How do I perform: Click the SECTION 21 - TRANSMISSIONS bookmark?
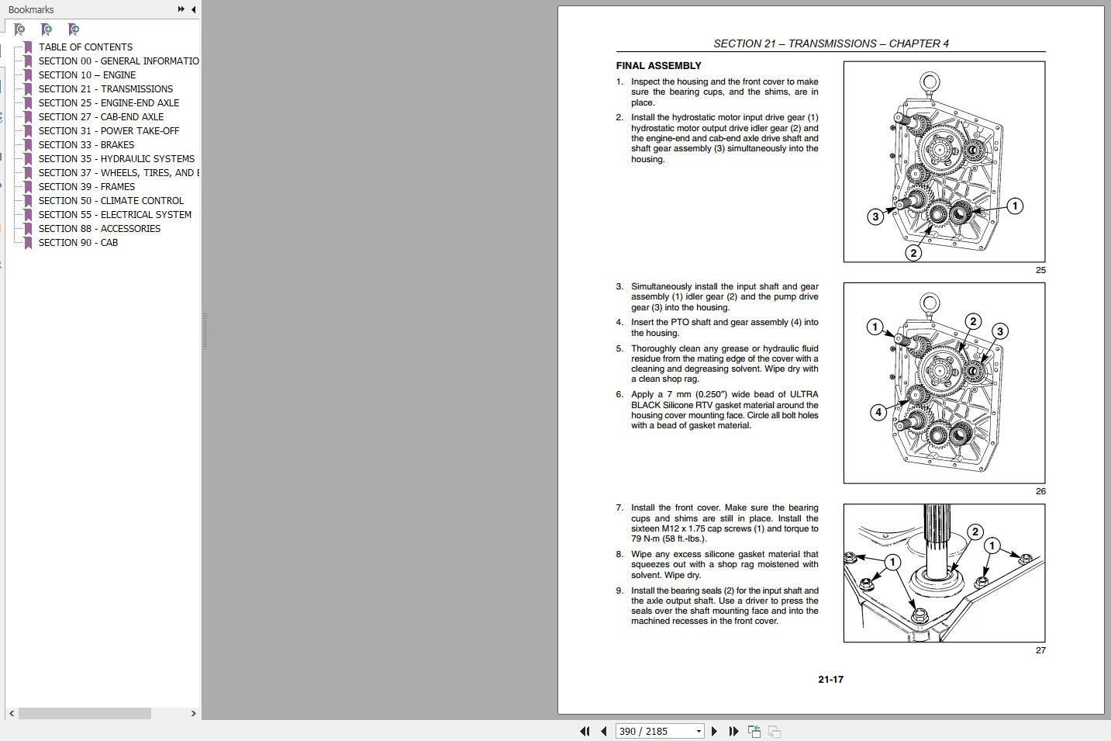(x=105, y=88)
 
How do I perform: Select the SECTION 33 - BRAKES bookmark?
(x=86, y=144)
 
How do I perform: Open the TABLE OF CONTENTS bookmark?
(x=85, y=47)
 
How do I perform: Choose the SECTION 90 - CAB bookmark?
(x=78, y=242)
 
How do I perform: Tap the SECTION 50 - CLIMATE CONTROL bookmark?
(x=111, y=200)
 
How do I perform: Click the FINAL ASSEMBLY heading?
(x=658, y=66)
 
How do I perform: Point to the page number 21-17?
(x=830, y=679)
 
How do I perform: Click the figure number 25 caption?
(x=1040, y=270)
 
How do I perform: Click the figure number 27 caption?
(x=1040, y=650)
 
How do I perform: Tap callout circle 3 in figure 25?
(x=875, y=216)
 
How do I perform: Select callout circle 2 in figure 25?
(x=913, y=252)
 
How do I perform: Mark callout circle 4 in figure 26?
(x=878, y=412)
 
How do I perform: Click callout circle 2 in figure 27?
(x=975, y=532)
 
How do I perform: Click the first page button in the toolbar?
(x=585, y=731)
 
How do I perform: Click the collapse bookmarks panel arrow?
(x=193, y=9)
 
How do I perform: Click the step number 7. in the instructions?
(x=619, y=507)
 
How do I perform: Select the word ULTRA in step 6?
(x=804, y=394)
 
